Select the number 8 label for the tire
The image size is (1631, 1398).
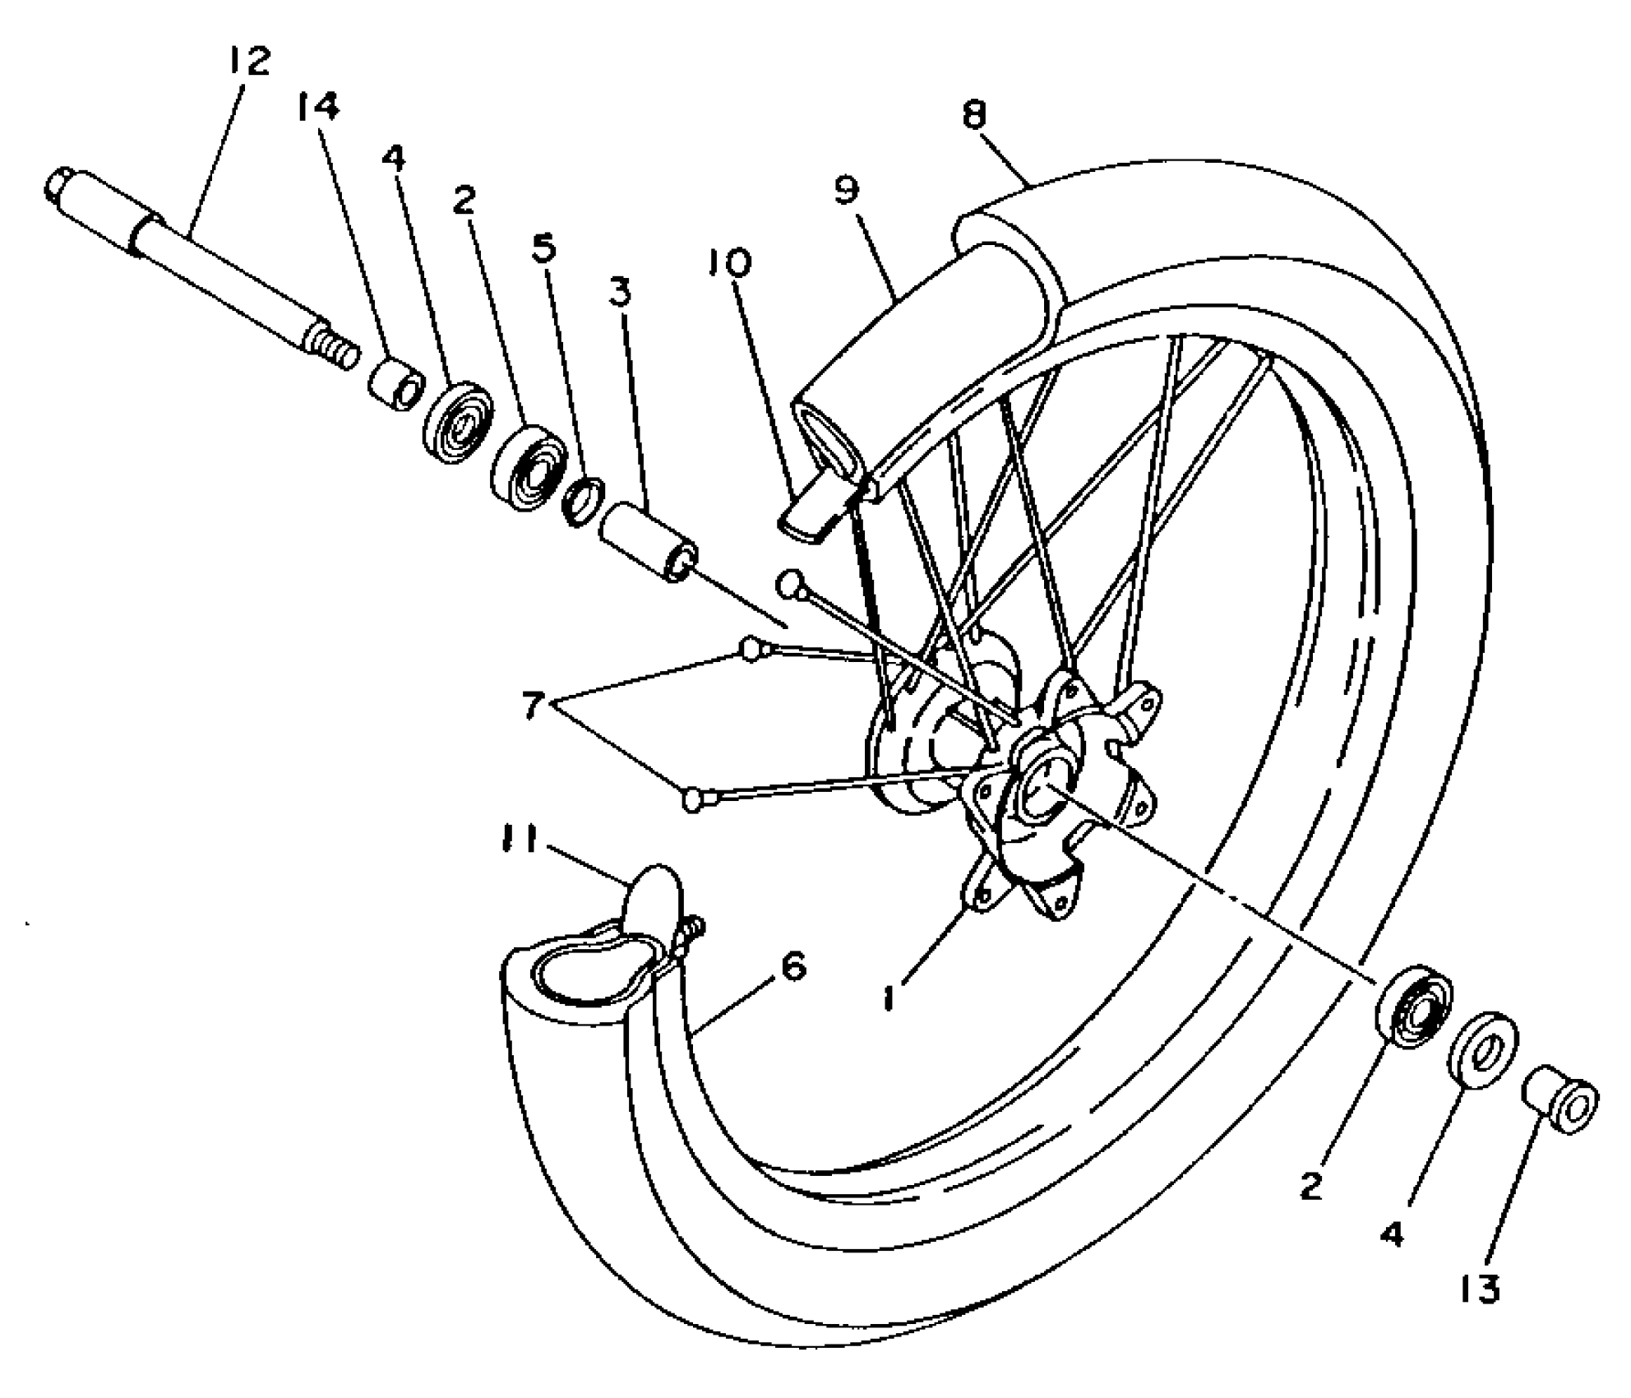tap(974, 115)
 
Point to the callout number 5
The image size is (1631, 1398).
tap(543, 248)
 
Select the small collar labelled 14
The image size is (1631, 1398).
tap(397, 383)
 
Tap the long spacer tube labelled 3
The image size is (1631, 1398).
tap(647, 544)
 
